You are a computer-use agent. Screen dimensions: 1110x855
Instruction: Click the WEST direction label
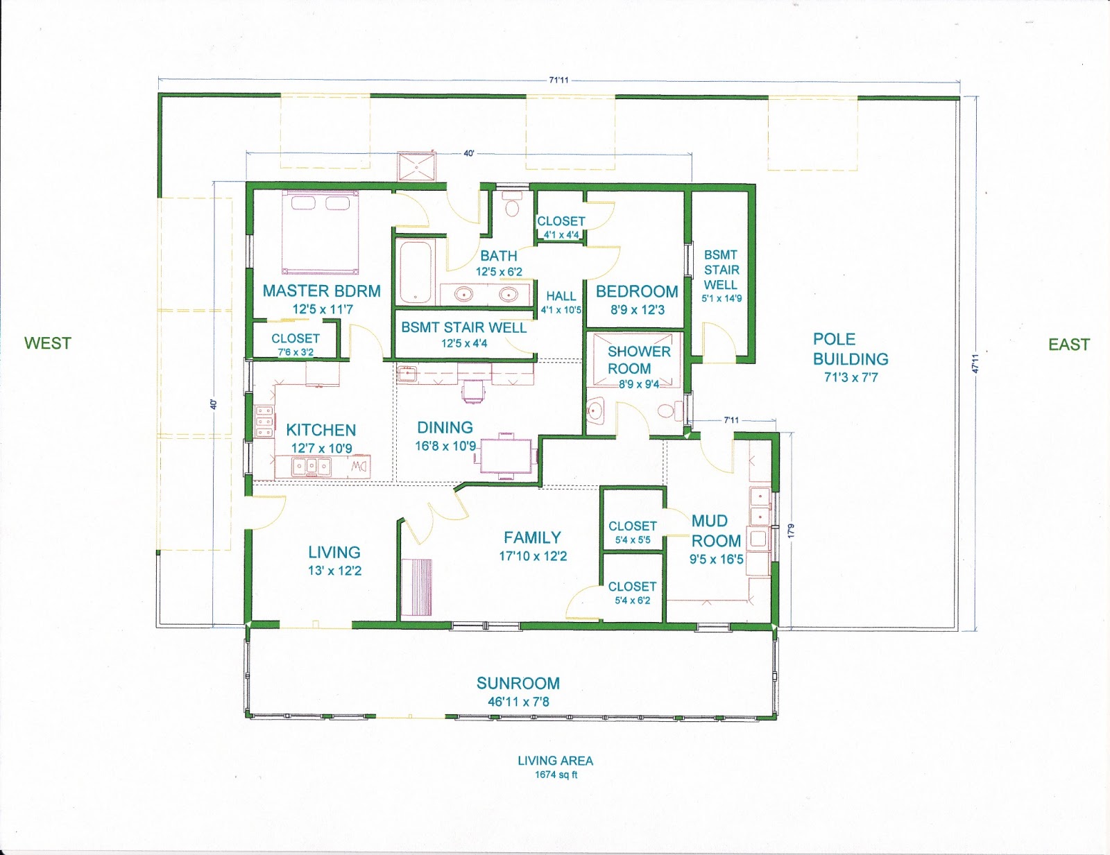[47, 343]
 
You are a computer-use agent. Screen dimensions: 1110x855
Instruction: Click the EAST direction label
[1068, 345]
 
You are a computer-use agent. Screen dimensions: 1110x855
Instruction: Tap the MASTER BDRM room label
[321, 291]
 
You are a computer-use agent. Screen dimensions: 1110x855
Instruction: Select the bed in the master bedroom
[321, 232]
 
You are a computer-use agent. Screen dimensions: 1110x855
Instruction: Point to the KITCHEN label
[321, 430]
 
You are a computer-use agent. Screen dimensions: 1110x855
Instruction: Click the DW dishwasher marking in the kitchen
[359, 465]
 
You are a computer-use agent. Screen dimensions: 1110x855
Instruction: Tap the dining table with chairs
[506, 456]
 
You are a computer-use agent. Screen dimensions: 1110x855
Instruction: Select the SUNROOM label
[518, 683]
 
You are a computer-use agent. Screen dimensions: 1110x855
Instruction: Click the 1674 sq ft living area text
[556, 775]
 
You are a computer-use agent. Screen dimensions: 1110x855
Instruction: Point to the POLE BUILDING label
[851, 349]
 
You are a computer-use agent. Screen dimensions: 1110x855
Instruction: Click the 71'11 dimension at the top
[559, 80]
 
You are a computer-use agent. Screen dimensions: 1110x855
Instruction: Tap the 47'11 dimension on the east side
[975, 363]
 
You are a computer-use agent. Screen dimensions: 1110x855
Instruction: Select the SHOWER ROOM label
[638, 360]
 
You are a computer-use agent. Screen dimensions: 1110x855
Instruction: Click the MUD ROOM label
[716, 531]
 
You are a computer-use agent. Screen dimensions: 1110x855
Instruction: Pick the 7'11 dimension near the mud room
[731, 420]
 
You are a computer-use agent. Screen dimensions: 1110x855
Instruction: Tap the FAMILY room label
[532, 537]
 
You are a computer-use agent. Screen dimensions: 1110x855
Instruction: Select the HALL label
[561, 296]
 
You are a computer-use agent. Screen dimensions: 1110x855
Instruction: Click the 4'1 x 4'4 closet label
[561, 235]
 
